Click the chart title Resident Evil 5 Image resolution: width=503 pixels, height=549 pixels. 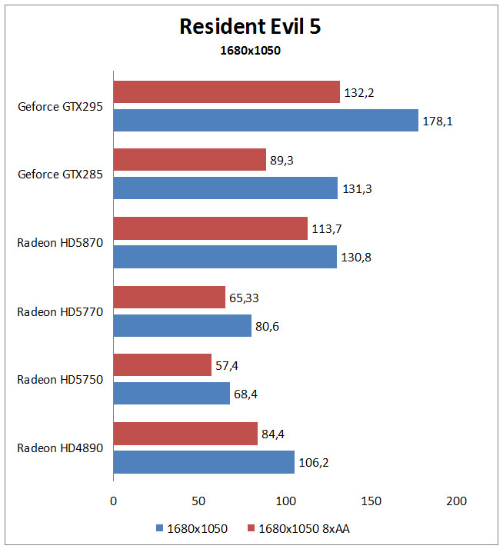point(250,26)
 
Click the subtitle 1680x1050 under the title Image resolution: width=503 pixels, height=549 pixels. point(250,51)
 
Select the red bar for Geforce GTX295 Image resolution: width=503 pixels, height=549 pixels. point(227,91)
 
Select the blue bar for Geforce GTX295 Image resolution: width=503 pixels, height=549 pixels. point(266,120)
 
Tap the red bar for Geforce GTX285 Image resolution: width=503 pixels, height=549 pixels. point(190,159)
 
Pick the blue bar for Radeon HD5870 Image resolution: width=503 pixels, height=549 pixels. point(225,257)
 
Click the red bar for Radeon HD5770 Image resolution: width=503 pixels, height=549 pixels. point(169,297)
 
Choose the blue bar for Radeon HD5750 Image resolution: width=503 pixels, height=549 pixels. point(172,393)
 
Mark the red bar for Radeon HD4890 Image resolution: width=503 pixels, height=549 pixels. point(185,434)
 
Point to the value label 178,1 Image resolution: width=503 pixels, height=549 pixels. point(438,121)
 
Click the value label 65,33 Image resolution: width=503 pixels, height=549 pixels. point(244,298)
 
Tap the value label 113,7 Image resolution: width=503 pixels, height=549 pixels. point(326,229)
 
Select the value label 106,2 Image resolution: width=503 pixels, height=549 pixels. point(314,463)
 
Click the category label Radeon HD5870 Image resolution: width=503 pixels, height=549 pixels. point(60,243)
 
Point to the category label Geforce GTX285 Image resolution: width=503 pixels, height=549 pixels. point(60,174)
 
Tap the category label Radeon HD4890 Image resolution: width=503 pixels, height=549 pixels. point(60,448)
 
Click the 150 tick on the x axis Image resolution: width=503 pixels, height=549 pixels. point(371,501)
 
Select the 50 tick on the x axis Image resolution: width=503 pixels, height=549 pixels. point(198,501)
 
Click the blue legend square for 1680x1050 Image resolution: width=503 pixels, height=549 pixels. point(159,528)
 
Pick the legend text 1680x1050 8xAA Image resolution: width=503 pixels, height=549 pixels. point(304,528)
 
